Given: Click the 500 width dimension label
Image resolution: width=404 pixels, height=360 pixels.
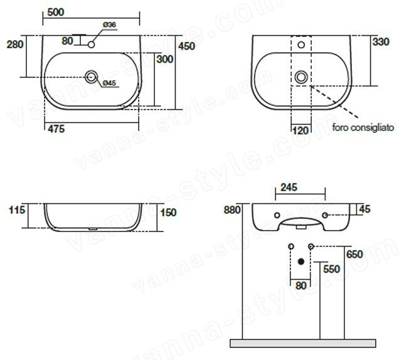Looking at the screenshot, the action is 56,12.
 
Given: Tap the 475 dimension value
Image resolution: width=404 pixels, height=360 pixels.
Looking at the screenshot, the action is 56,129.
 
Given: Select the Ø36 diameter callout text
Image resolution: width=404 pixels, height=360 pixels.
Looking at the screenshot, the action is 110,24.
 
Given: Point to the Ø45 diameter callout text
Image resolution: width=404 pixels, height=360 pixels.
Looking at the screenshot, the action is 110,83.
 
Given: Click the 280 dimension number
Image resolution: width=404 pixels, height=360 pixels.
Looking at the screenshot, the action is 15,45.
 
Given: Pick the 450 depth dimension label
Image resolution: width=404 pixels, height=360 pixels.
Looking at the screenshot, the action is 187,46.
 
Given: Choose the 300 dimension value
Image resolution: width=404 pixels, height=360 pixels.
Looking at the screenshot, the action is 164,59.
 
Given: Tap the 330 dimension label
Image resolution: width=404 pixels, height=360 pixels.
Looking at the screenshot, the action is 381,42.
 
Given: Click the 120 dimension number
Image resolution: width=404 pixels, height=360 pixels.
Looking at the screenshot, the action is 300,130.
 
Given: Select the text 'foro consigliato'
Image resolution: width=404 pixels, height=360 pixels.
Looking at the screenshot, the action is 363,127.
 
